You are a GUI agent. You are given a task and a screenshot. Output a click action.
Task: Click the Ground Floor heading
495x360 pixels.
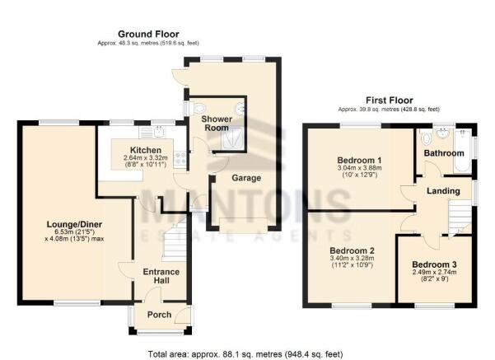tap(148, 34)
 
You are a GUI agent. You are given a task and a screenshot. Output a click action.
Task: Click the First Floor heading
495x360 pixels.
tap(390, 101)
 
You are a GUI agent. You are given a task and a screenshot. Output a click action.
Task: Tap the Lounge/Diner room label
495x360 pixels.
tap(74, 225)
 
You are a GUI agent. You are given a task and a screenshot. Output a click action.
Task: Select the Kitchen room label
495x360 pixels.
tap(146, 150)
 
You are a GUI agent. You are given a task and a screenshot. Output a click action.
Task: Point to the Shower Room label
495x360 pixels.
tap(217, 124)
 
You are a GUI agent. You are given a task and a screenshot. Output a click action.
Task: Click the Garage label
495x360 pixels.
tap(246, 178)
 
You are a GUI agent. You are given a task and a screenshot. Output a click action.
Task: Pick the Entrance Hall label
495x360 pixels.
tap(161, 276)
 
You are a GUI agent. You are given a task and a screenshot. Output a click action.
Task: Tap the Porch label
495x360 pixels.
tap(160, 315)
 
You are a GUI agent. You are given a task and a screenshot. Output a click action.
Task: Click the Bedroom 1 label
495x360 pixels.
tap(359, 160)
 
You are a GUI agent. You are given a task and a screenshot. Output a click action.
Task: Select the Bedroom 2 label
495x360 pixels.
tap(352, 250)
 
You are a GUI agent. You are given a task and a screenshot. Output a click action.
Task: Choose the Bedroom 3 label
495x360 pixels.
tap(434, 264)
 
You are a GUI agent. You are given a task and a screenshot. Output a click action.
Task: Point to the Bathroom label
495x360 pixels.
tap(444, 153)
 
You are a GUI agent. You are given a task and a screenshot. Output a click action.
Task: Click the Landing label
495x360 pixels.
tap(443, 191)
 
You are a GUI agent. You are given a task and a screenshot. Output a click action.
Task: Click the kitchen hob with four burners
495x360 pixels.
tap(180, 158)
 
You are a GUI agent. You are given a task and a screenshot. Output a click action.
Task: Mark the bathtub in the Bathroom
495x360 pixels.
tap(463, 150)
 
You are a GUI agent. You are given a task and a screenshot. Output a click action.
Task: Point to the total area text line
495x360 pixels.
tap(245, 354)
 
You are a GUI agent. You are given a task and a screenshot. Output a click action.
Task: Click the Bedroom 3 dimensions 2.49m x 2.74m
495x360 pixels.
tap(434, 272)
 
